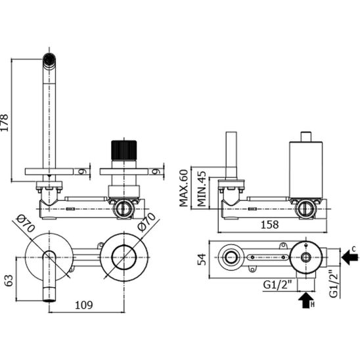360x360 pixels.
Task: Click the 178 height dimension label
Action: pos(5,123)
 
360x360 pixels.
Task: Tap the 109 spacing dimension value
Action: pos(84,305)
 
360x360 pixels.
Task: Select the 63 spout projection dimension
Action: pos(9,281)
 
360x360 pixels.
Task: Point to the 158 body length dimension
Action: pos(270,225)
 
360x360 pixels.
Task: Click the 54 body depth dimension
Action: pos(202,259)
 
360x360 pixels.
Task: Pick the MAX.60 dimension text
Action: pos(184,189)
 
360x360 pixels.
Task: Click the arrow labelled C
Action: pos(349,257)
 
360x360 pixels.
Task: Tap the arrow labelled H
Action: pos(306,300)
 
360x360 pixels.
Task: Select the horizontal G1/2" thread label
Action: pos(277,285)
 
